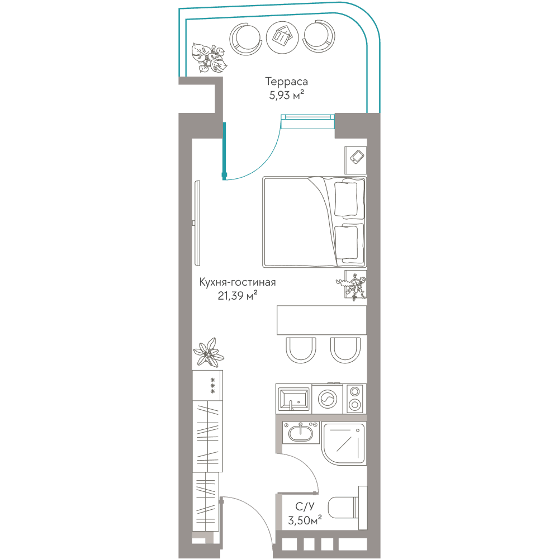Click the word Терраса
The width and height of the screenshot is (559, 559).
point(286,82)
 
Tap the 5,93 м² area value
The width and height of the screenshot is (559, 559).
point(287,95)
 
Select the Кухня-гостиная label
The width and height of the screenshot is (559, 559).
point(238,282)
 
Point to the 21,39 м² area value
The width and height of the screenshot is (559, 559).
point(238,296)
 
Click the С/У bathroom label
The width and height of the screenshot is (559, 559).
point(305,506)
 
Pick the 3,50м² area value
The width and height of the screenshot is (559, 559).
point(305,520)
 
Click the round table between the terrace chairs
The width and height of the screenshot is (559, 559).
point(282,37)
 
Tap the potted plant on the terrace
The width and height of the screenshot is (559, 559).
point(208,58)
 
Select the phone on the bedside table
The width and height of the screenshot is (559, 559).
point(357,157)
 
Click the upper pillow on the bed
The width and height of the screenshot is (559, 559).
point(346,198)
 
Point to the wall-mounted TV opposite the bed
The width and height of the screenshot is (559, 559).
point(197,223)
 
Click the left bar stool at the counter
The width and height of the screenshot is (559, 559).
point(301,350)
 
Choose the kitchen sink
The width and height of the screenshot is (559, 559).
point(294,399)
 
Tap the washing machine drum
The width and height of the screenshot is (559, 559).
point(327,399)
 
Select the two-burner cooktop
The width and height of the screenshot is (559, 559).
point(355,399)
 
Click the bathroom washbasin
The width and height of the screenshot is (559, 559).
point(301,433)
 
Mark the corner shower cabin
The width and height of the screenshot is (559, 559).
point(344,443)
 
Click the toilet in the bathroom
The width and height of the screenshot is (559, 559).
point(347,508)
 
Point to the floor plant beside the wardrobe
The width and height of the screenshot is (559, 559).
point(209,352)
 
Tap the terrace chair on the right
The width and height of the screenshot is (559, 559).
point(319,36)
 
